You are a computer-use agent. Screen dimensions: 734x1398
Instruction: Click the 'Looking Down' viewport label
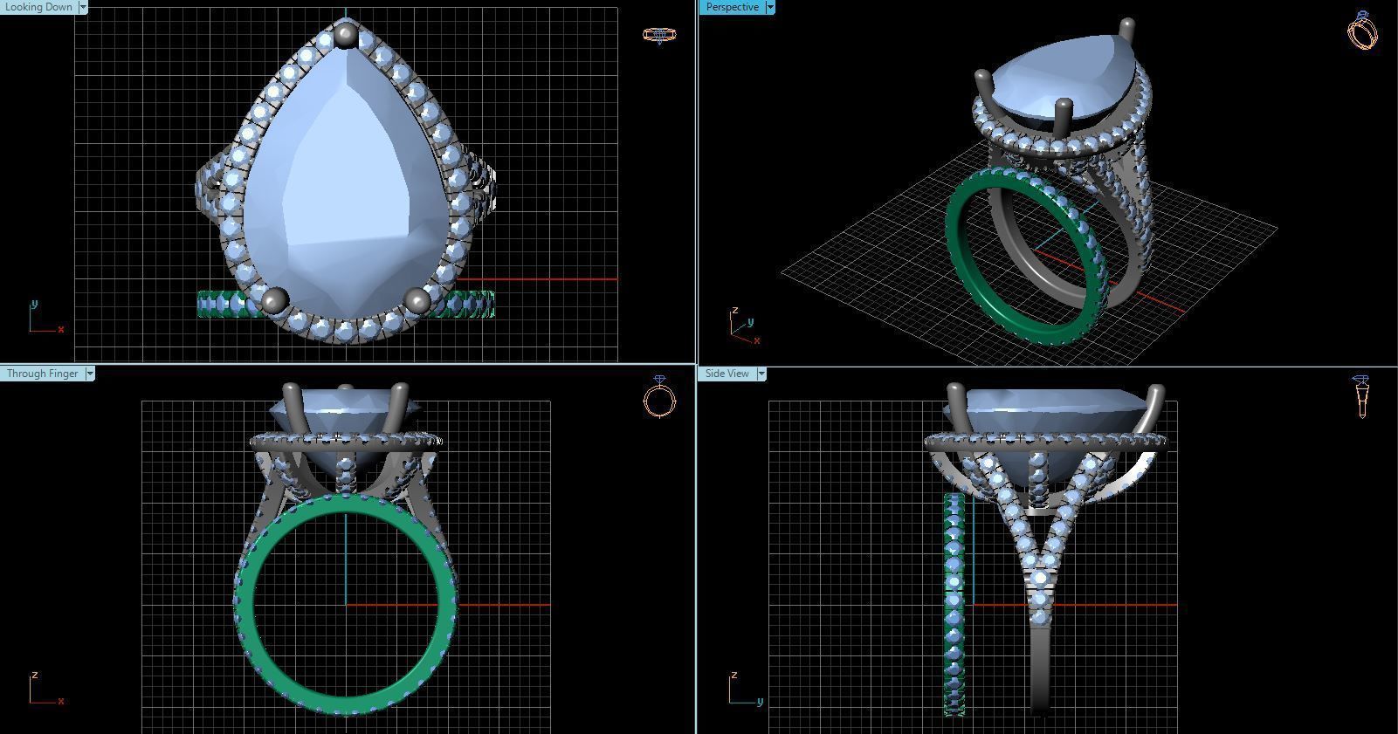(39, 7)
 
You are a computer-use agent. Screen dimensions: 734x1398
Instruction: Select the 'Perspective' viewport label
(732, 7)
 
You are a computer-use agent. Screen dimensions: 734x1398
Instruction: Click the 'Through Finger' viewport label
(42, 374)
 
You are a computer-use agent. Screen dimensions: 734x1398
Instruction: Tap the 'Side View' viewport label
(727, 374)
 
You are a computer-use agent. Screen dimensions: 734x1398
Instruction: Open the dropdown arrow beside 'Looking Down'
(83, 7)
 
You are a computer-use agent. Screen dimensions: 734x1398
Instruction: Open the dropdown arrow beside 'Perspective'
(769, 7)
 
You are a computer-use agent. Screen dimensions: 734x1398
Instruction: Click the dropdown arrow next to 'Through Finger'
(90, 374)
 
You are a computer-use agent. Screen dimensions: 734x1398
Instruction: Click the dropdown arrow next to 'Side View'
(761, 374)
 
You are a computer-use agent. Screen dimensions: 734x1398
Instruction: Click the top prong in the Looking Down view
(346, 36)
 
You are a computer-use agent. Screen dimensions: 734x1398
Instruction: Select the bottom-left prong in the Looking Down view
(274, 300)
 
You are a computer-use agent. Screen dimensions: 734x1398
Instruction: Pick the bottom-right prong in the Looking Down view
(417, 302)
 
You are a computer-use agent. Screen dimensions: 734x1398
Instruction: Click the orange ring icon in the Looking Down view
(659, 35)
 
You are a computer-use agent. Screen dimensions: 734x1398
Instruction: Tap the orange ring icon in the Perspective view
(1362, 31)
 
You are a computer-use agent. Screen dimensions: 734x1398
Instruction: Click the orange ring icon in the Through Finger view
(659, 398)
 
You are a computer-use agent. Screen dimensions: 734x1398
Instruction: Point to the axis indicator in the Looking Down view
(44, 319)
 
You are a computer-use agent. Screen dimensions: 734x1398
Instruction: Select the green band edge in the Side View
(954, 602)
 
